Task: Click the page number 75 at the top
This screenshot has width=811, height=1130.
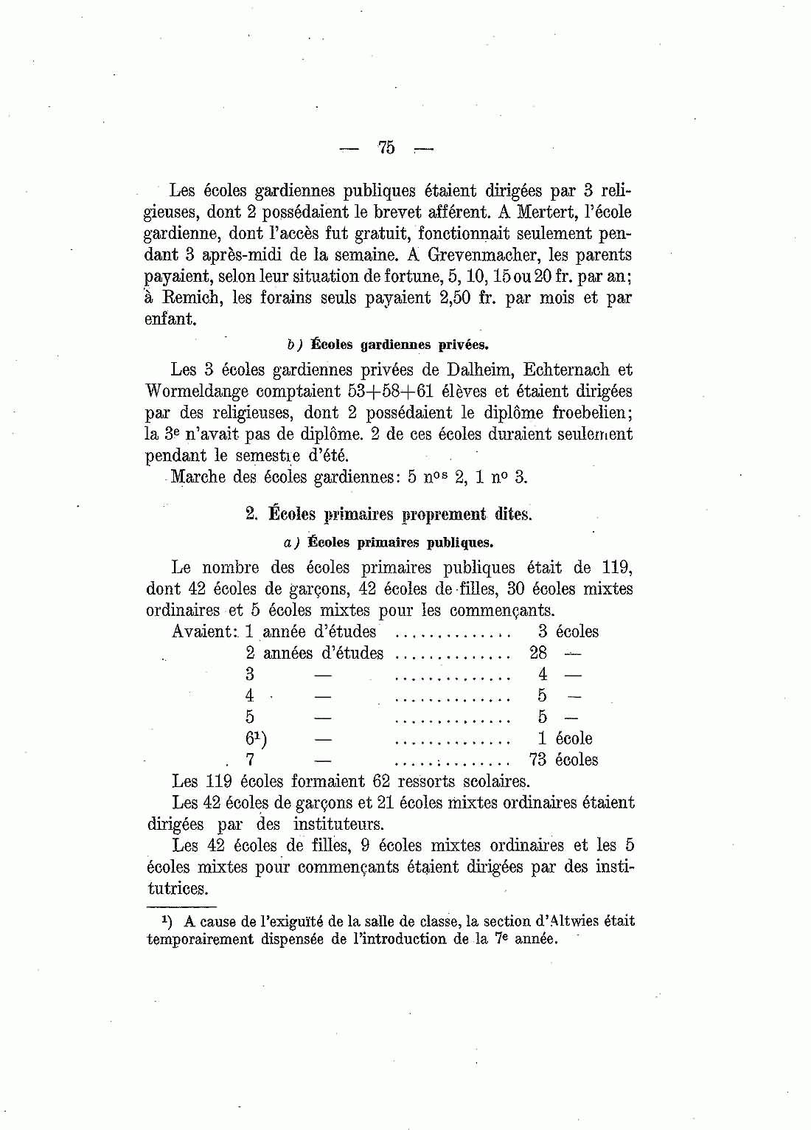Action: pyautogui.click(x=386, y=148)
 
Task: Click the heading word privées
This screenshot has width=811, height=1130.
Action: pyautogui.click(x=463, y=344)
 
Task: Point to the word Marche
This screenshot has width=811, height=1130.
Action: pyautogui.click(x=198, y=476)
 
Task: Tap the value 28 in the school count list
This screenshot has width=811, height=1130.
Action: pyautogui.click(x=538, y=653)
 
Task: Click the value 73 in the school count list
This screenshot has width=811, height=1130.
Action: pyautogui.click(x=538, y=760)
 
